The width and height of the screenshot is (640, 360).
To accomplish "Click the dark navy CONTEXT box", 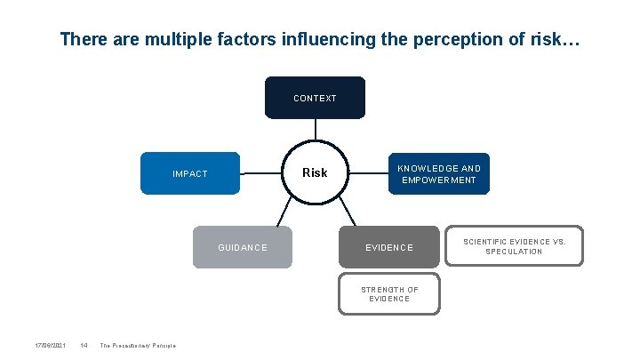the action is [315, 98].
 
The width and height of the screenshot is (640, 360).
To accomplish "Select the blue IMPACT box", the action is [191, 173].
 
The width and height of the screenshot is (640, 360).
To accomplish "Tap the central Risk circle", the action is [315, 172].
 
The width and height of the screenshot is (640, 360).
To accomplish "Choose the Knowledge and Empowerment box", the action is [438, 173].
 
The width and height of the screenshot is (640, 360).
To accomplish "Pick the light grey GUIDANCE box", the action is [243, 247].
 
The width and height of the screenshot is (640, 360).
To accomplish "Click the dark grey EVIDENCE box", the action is [388, 247].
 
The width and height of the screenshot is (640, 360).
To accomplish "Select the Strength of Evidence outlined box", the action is [389, 294].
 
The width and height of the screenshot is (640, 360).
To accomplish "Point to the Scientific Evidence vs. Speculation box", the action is [514, 246].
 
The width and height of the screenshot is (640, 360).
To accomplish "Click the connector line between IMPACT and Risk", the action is [260, 172].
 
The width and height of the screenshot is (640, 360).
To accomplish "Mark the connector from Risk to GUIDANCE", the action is [285, 212].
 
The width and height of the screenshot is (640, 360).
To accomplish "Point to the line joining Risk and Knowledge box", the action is [367, 172].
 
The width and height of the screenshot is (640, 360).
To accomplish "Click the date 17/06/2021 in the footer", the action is [50, 345].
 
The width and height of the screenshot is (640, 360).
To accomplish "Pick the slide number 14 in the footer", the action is [83, 345].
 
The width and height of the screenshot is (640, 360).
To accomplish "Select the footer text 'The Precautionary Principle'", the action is [138, 345].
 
